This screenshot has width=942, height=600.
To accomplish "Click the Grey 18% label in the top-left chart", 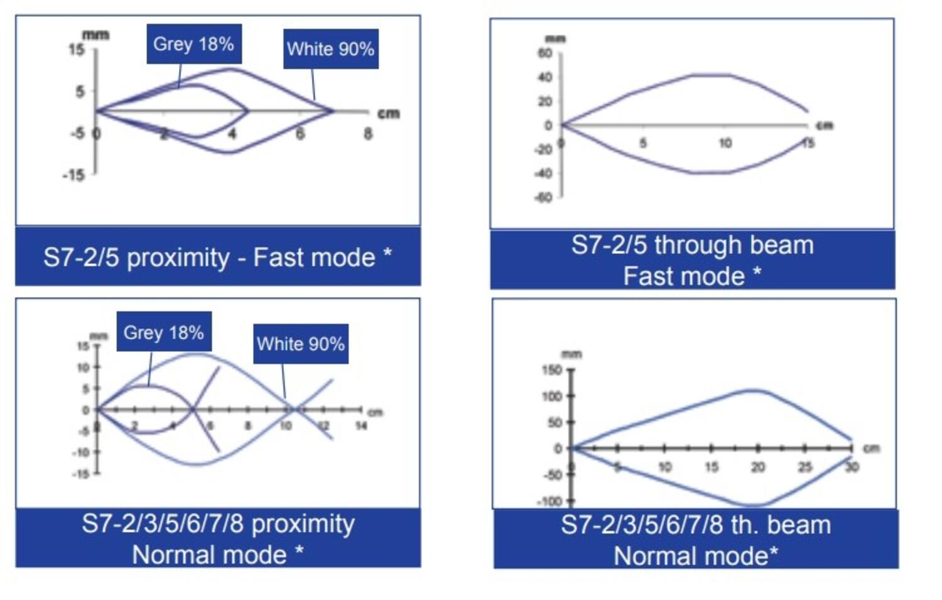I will coord(193,44).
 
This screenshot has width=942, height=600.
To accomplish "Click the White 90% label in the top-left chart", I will coord(330,49).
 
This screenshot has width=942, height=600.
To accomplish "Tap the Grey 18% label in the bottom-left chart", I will coord(163,332).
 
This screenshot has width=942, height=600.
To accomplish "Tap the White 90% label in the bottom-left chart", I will coord(300,344).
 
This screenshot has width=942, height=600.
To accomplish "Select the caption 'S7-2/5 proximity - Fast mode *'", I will coord(217,258).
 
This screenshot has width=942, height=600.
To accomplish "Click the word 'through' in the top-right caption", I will coord(693,245).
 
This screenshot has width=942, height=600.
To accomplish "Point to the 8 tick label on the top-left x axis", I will coord(367,133).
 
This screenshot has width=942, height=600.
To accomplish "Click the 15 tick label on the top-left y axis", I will coord(77,50).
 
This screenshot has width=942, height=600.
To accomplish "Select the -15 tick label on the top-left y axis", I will coord(73,175).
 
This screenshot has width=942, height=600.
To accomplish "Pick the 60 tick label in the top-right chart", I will coord(545,53).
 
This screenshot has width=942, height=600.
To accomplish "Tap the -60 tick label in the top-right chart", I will coord(543,198).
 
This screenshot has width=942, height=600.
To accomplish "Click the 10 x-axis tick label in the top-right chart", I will coord(725,143).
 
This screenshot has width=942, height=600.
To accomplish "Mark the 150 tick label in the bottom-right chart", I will coord(551,370).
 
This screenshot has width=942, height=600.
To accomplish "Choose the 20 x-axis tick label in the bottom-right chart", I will coord(757,467).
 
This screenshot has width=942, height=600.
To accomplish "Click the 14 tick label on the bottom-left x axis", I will coord(361,426).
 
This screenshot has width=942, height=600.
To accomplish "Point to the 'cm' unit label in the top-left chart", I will coord(388,114).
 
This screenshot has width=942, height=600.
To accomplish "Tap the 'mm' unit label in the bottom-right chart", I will coord(571,354).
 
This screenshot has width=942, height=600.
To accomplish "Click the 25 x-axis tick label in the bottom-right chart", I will coord(804,467).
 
